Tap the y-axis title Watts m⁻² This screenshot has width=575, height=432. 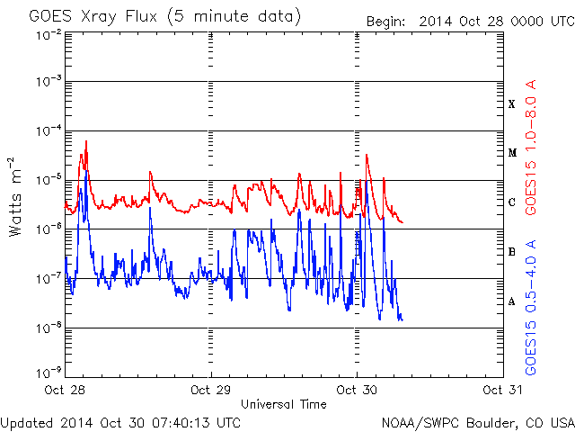(15, 196)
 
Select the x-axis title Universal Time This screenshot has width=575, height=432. (283, 404)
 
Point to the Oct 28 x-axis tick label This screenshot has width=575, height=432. (65, 391)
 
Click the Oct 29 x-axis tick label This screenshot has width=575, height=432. (211, 391)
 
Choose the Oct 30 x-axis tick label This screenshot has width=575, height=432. (358, 391)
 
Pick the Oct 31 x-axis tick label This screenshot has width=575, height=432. (502, 391)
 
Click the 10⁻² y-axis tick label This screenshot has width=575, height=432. (48, 33)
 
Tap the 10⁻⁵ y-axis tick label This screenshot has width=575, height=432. (48, 179)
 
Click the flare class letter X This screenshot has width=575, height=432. (512, 103)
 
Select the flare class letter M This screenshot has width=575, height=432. (512, 153)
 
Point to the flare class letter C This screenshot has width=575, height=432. (512, 202)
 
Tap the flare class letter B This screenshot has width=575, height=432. (512, 252)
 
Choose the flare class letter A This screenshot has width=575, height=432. (512, 301)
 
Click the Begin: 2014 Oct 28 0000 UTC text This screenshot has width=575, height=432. (469, 21)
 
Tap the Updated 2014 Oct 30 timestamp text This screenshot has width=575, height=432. (120, 421)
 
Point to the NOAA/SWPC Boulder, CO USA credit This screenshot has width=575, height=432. (477, 421)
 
